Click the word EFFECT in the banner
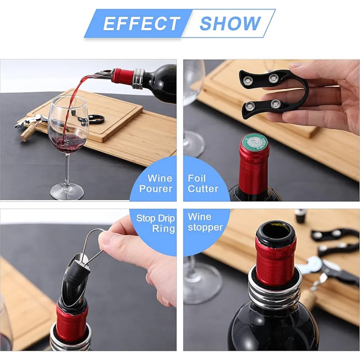point(142,23)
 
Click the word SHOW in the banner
point(230,23)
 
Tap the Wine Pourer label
point(156,184)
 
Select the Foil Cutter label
point(203,184)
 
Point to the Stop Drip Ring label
point(156,223)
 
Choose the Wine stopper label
point(205,222)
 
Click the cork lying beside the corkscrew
point(27,134)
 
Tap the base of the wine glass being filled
point(67,191)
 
